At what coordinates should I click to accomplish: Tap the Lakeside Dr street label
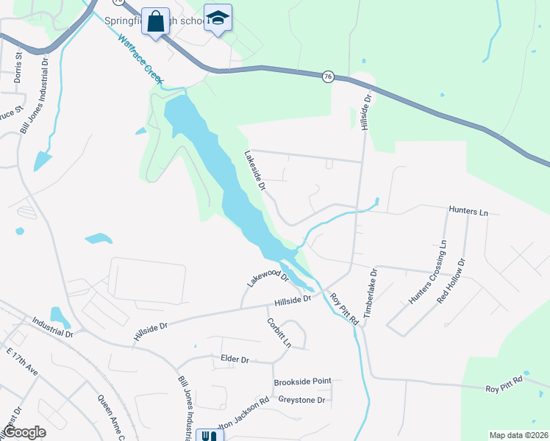[x=255, y=171]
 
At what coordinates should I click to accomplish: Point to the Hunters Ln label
[x=468, y=212]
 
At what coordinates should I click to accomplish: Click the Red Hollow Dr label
[x=451, y=281]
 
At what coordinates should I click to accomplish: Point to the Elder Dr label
[x=235, y=359]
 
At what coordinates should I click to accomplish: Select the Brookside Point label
[x=302, y=382]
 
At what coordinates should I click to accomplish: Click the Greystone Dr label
[x=301, y=400]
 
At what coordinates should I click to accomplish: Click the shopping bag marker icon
[x=156, y=21]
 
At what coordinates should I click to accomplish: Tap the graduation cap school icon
[x=218, y=18]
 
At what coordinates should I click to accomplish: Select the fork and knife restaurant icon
[x=209, y=435]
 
